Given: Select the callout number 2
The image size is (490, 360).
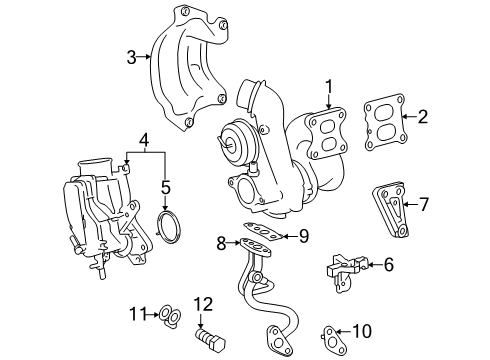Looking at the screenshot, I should click(x=422, y=116).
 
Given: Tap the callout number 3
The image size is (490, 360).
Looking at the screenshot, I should click(x=131, y=57).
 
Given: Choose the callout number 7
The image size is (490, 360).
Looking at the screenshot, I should click(x=423, y=205).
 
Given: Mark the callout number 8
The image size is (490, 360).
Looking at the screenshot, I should click(x=221, y=240).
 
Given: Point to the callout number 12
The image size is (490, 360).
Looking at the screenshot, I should click(x=204, y=304).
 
